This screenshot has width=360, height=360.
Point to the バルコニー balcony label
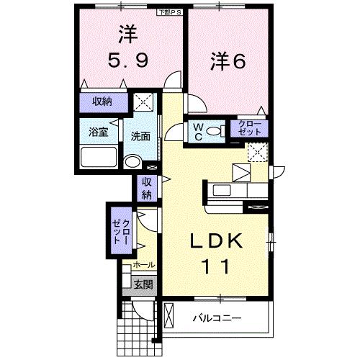(217, 318)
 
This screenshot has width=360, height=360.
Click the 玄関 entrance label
(142, 284)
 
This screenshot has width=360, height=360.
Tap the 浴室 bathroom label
(99, 132)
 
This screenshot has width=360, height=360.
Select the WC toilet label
(197, 131)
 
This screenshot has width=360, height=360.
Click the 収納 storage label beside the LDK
(147, 188)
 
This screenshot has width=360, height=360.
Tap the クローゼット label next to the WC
(251, 128)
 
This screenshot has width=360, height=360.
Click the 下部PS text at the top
(171, 12)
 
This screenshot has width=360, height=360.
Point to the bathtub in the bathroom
(98, 157)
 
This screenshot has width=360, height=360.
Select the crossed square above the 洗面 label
(145, 103)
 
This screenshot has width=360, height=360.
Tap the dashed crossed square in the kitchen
(257, 152)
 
